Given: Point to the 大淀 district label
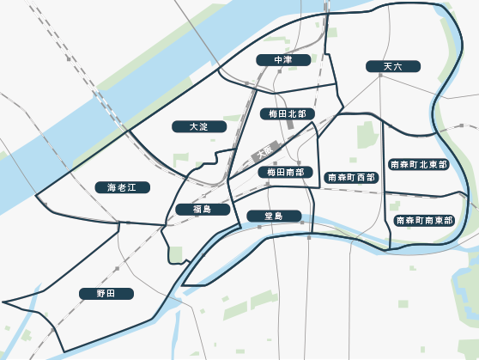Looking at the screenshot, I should point(199,126).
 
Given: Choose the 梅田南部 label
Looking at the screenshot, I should point(285,173).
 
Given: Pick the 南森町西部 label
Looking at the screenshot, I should point(352,178).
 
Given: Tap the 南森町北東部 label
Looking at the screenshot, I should point(419,164).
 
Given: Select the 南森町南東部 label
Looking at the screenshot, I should point(424,221).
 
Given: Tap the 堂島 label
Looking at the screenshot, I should point(275,216).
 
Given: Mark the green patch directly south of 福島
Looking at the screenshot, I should point(177,254).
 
